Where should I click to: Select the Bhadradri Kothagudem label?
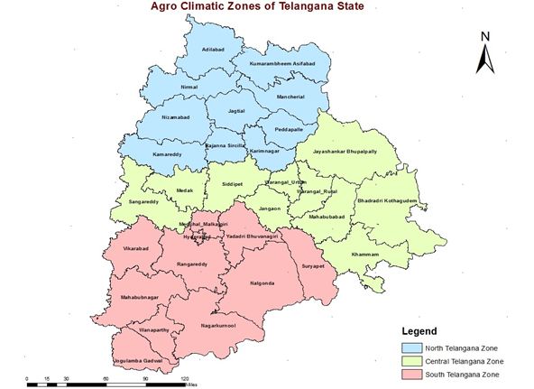pyautogui.click(x=388, y=200)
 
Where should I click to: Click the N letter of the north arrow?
pyautogui.click(x=484, y=36)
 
